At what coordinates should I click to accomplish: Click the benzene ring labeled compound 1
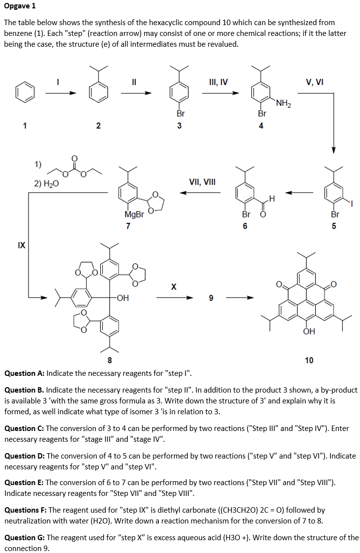25,92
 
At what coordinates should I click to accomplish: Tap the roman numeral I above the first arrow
58,82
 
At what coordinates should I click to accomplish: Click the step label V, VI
314,82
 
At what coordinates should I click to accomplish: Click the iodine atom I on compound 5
352,202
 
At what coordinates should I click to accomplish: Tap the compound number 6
245,226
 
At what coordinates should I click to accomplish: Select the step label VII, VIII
202,182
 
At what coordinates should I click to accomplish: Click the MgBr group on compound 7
134,215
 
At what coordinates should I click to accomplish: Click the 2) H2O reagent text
47,184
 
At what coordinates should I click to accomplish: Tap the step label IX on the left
21,244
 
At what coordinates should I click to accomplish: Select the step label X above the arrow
174,286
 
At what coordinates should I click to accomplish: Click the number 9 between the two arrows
211,298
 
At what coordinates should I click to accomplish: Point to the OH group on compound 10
309,332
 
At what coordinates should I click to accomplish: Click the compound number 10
309,360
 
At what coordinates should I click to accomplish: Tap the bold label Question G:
24,538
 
